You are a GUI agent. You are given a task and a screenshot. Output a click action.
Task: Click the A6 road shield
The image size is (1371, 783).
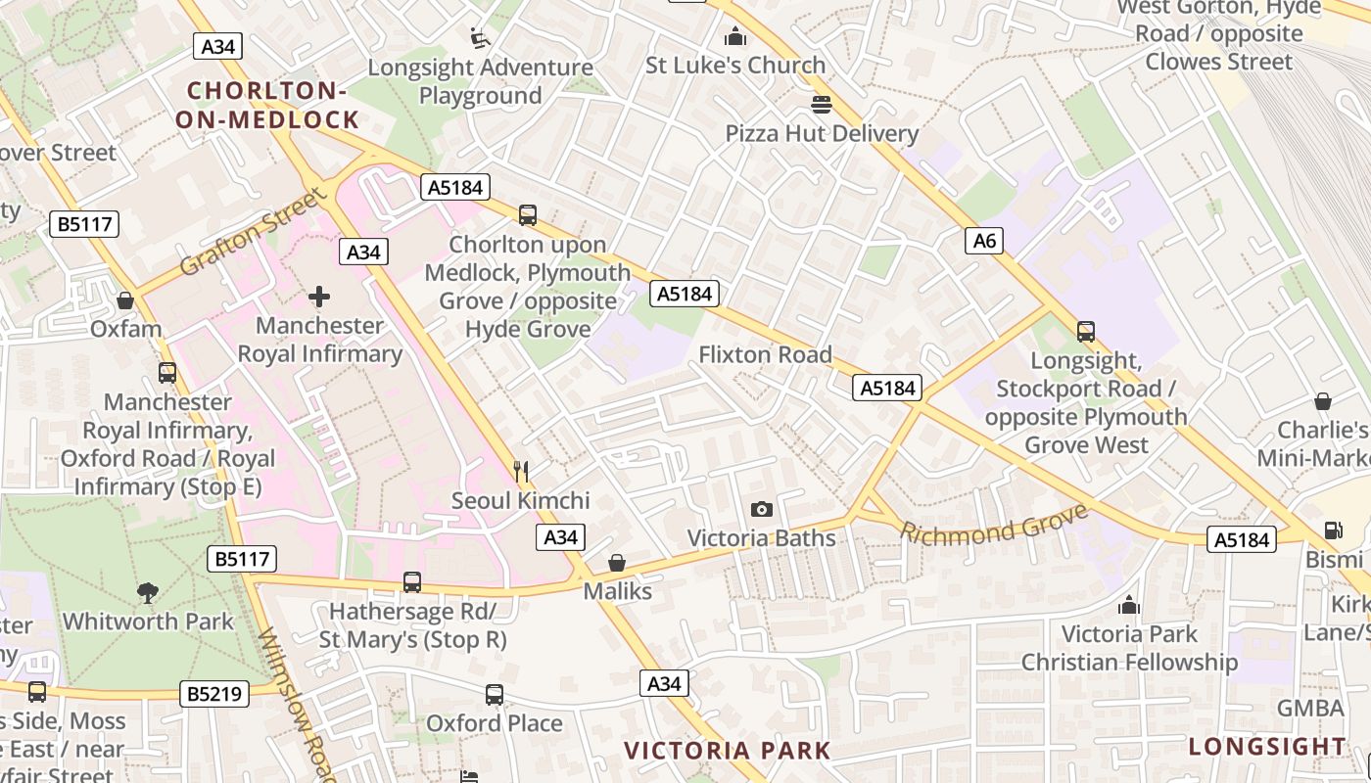click(985, 240)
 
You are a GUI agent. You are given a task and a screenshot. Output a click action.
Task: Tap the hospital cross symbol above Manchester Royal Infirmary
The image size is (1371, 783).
click(319, 296)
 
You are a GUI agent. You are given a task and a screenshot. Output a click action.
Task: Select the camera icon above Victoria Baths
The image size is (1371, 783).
click(761, 509)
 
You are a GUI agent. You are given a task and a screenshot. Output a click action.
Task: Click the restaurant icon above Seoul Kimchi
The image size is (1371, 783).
click(521, 472)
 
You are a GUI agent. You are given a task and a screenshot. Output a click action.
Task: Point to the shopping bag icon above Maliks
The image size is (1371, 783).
click(617, 563)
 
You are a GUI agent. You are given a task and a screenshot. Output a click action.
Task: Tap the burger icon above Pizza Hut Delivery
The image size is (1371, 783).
click(821, 104)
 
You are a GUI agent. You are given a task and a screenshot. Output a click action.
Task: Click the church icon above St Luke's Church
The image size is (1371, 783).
click(734, 37)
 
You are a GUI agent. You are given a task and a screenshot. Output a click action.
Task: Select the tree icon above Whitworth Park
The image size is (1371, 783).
click(148, 591)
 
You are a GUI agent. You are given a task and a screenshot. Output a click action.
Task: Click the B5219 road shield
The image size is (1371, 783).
click(215, 694)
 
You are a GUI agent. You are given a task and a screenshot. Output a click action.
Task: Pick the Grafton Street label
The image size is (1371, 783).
click(252, 233)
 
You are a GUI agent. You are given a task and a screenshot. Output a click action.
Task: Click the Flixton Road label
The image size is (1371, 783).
click(765, 354)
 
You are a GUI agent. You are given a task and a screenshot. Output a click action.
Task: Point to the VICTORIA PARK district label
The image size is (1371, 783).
click(727, 751)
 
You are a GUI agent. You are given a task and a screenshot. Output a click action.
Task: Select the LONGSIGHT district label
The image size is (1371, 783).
click(1268, 746)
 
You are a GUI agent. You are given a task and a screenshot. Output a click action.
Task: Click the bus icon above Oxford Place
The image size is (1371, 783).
click(495, 694)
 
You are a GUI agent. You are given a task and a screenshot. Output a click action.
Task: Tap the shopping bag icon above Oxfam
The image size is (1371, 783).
click(125, 299)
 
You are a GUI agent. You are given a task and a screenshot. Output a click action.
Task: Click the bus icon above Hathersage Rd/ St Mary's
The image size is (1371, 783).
click(412, 581)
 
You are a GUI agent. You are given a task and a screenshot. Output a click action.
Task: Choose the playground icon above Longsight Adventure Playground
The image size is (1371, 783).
click(480, 38)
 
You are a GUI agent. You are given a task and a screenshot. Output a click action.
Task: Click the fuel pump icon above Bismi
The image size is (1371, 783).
click(1333, 530)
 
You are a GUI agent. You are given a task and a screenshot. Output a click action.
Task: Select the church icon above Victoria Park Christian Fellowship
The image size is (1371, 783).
click(1129, 605)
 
